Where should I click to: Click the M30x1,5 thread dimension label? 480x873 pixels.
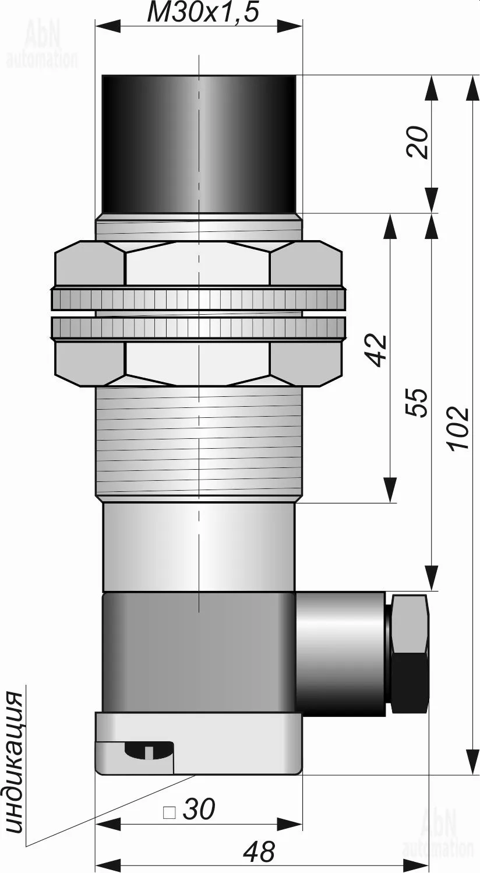point(203,12)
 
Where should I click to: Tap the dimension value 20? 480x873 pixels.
point(417,142)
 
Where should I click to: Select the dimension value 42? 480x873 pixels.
point(376,350)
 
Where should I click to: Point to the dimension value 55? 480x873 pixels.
point(417,403)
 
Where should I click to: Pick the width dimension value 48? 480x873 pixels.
point(259,851)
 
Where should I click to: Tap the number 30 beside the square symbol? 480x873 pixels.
point(199,809)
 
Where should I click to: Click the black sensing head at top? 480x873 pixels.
point(199,144)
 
